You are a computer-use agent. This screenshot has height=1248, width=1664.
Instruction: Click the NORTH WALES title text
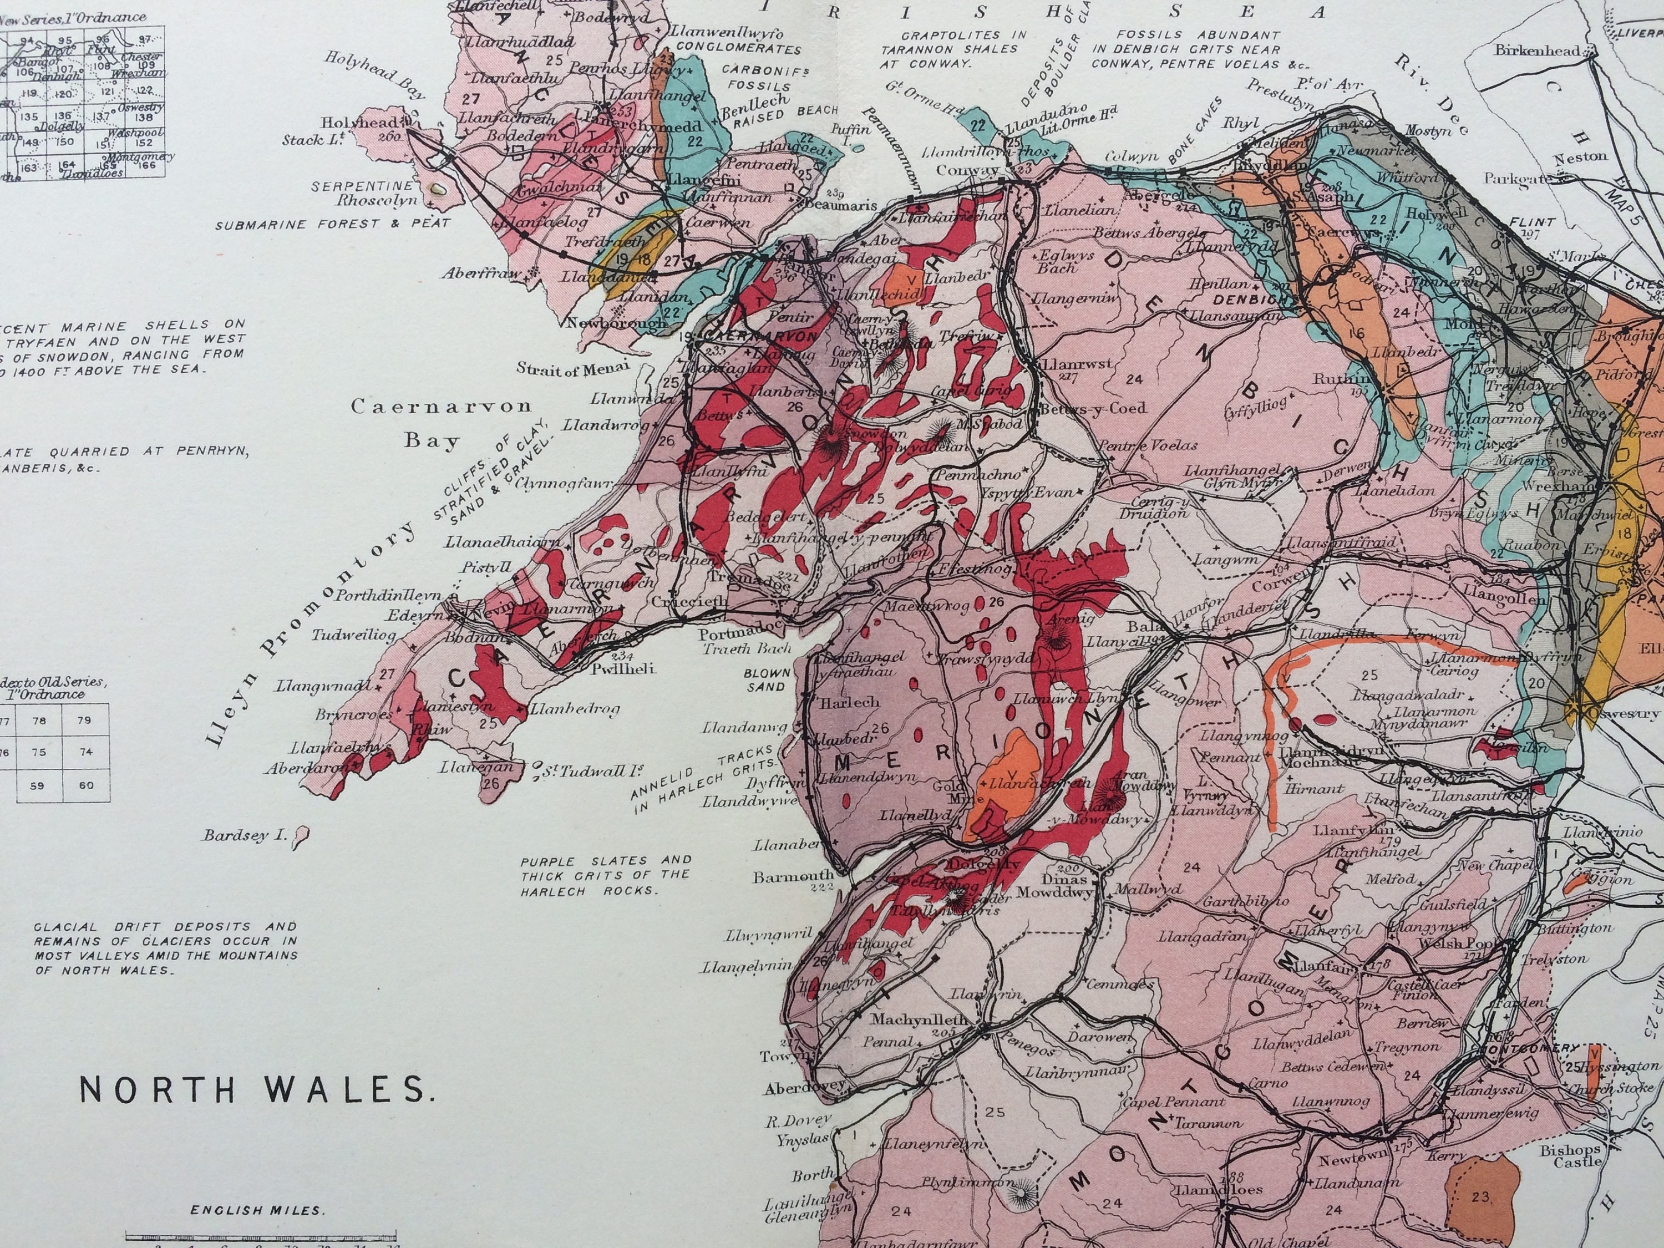click(x=256, y=1090)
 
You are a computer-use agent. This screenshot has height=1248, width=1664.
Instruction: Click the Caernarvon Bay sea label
click(x=442, y=423)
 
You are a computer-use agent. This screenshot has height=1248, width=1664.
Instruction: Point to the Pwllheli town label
click(x=623, y=667)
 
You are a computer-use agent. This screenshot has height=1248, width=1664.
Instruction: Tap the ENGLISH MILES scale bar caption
click(x=256, y=1210)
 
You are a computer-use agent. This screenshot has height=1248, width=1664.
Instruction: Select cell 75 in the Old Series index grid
click(x=39, y=752)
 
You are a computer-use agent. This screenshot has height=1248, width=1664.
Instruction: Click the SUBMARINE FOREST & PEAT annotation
click(x=332, y=224)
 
